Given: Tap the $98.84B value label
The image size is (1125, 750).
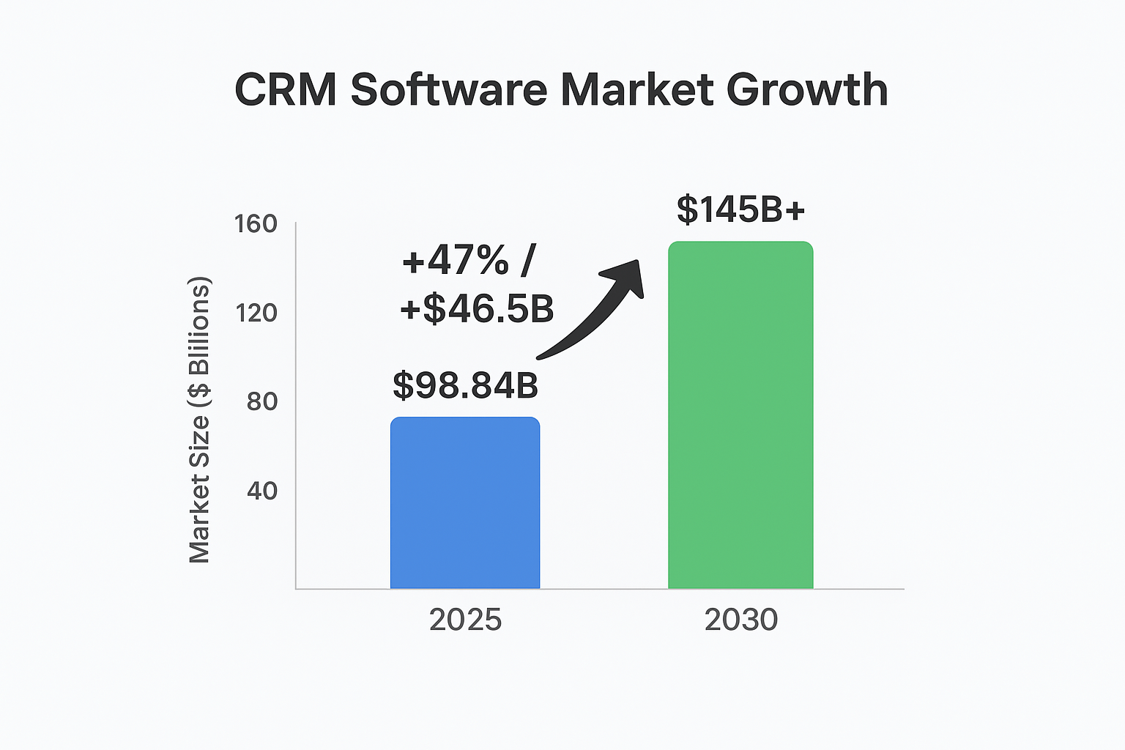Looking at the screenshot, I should pos(465,385).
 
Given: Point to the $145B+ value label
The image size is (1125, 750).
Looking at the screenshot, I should pos(740,209).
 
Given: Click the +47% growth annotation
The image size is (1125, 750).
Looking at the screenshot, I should pos(455,260).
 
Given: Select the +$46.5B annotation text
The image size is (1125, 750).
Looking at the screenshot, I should pos(477,309).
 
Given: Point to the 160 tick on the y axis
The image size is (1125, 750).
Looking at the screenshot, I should pos(256,224).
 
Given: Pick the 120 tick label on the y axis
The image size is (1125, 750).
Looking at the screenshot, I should pos(256,313).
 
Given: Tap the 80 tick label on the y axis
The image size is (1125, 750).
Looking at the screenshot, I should pos(261,401).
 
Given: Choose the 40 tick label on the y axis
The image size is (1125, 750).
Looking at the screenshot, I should pos(261,490).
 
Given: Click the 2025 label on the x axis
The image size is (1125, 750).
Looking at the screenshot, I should pos(465,620).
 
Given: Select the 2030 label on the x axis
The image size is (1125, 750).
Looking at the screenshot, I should pos(740,620).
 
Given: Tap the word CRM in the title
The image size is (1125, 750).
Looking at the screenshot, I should pos(286,90).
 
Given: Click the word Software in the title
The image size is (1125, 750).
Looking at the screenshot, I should pos(449,90).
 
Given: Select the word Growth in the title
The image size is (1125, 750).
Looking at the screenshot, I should pos(807,90).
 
